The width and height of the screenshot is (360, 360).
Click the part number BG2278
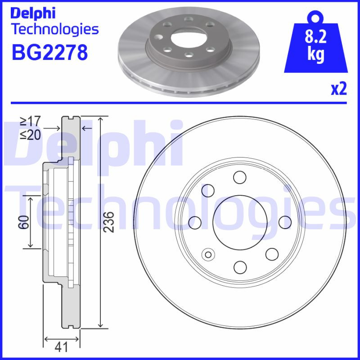[x=49, y=53]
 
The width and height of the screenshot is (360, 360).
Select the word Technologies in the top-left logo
[x=54, y=30]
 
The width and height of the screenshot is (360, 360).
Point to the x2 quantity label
[x=338, y=89]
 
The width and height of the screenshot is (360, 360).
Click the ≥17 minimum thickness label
[x=30, y=121]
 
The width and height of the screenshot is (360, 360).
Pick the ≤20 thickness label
[x=30, y=135]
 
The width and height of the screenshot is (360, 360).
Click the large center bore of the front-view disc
[x=240, y=222]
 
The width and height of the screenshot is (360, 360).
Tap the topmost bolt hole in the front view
[x=240, y=177]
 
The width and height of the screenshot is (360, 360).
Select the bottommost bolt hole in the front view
[x=240, y=267]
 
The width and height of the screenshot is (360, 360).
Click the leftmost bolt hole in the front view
[x=195, y=222]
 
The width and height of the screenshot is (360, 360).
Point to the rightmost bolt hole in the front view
[x=285, y=222]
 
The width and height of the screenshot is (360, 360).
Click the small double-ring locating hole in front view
[x=208, y=255]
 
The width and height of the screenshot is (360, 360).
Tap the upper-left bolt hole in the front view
[x=208, y=190]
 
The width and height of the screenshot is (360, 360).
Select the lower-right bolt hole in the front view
[x=272, y=254]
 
